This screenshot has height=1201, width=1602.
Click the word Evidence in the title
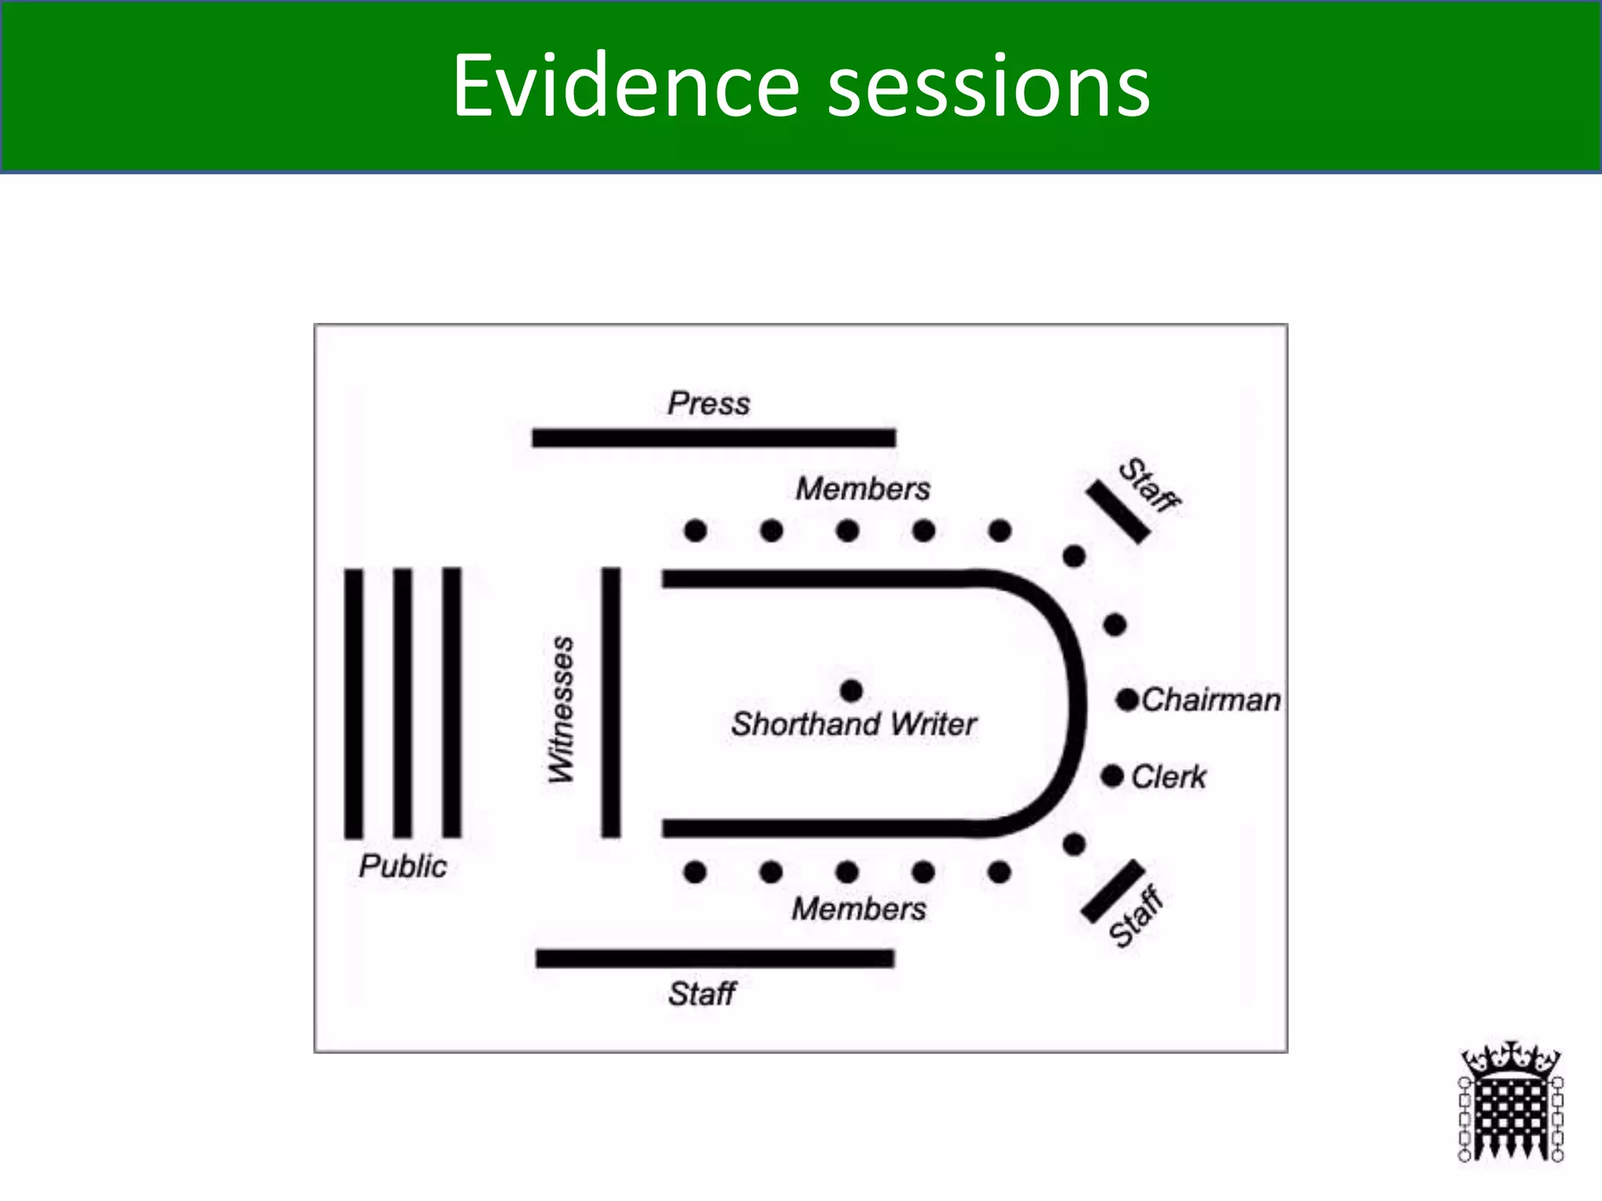click(626, 86)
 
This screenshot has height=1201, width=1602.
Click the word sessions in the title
click(989, 86)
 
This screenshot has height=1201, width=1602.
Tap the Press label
click(708, 403)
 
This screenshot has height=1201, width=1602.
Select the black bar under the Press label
click(713, 438)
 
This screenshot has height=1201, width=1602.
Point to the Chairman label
click(1211, 700)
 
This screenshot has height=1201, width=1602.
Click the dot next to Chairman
click(1127, 700)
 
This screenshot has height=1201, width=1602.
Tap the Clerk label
click(1169, 776)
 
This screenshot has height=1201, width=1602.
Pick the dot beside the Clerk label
click(1112, 776)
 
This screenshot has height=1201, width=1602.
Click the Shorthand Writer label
click(853, 724)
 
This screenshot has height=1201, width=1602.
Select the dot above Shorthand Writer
click(851, 690)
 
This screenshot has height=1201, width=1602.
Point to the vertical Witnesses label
click(561, 709)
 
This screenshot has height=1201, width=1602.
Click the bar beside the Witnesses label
click(611, 702)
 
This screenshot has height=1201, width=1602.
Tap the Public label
click(403, 866)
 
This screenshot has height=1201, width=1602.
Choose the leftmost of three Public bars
click(354, 703)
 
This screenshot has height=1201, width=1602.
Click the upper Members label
click(863, 489)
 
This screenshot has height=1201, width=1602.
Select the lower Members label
click(859, 909)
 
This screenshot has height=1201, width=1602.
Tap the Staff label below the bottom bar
click(702, 994)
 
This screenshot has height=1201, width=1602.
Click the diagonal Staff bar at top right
click(1118, 511)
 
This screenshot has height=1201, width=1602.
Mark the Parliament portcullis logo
click(1510, 1102)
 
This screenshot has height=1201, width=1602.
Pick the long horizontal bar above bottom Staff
click(715, 958)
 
